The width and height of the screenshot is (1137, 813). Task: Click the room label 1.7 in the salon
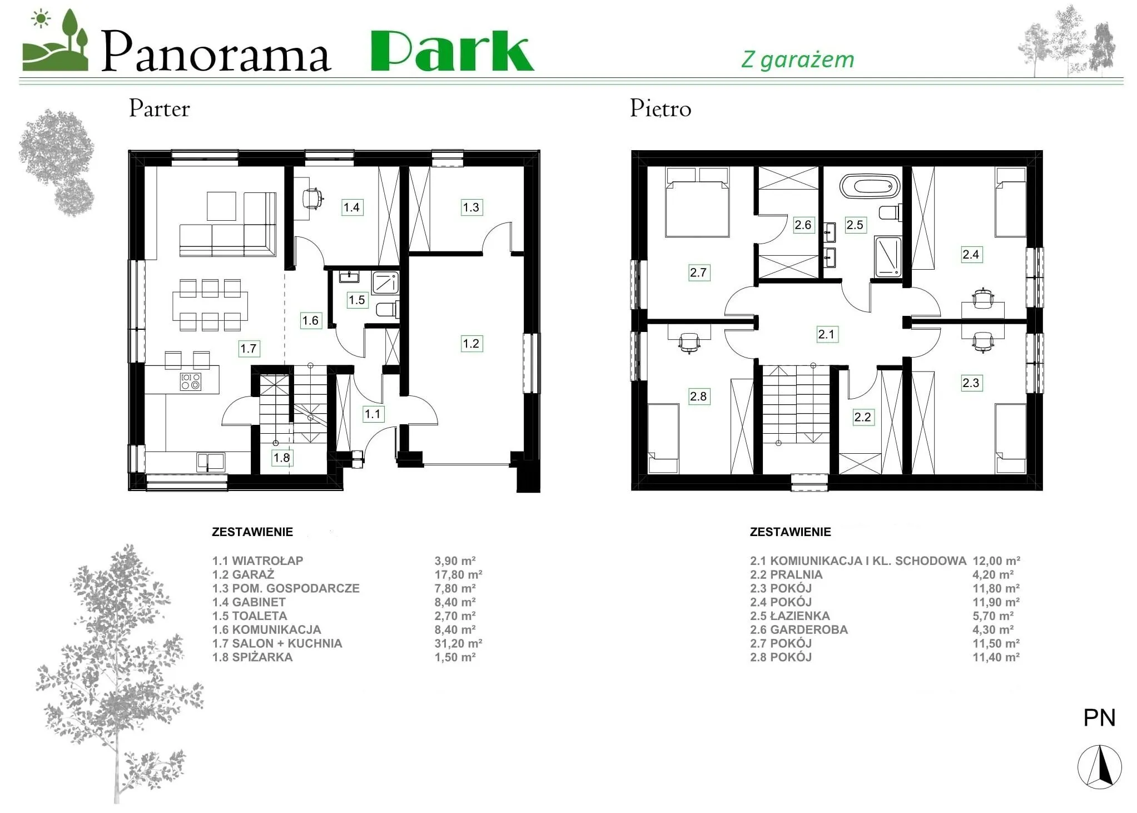click(248, 349)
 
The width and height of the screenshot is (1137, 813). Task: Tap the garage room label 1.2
click(471, 344)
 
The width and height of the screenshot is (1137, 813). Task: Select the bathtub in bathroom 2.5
click(870, 186)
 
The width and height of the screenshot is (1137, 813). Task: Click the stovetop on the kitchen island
click(191, 381)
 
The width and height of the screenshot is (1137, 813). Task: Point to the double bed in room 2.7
click(697, 202)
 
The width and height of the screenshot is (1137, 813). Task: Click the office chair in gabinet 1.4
click(313, 198)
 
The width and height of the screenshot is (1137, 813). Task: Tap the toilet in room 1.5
click(388, 309)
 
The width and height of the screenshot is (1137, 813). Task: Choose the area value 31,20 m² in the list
click(458, 643)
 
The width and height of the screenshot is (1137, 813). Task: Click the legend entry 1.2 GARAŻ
click(244, 574)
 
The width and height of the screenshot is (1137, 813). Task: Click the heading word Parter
click(160, 109)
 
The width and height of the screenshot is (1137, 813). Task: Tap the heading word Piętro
click(661, 109)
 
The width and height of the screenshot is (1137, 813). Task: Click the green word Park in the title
click(453, 51)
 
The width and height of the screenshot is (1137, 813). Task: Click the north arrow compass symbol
click(1099, 767)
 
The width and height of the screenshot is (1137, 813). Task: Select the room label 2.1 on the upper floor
click(827, 334)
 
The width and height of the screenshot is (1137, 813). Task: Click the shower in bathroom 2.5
click(887, 256)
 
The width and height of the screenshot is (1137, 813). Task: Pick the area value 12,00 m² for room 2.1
click(996, 561)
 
